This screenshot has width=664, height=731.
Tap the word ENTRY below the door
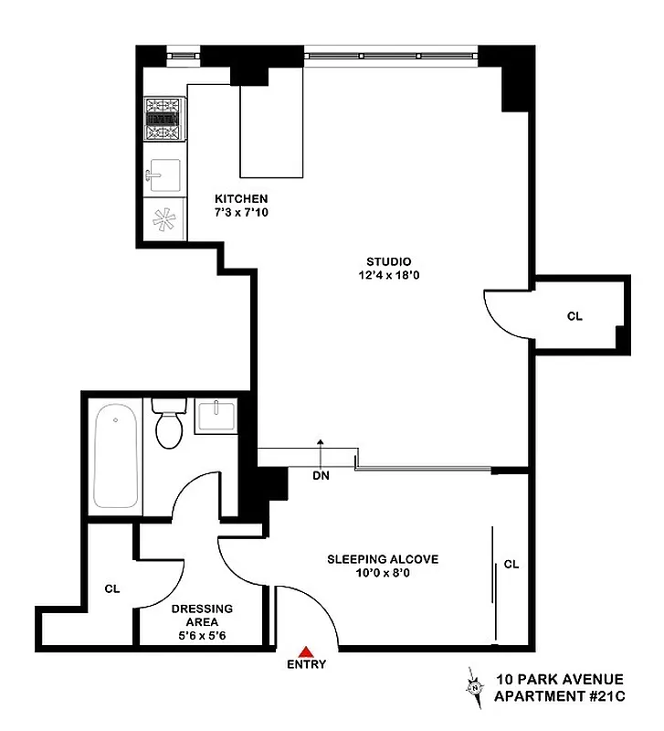(x=307, y=664)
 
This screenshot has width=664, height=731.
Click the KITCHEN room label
(x=241, y=198)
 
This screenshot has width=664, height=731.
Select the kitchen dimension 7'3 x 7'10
(x=241, y=213)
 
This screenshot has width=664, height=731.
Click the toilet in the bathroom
(x=169, y=424)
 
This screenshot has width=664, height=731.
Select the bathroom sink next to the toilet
(x=216, y=416)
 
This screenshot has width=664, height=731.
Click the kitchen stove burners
(x=164, y=119)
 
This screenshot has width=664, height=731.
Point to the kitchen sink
(x=164, y=172)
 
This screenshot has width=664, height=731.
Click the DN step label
(x=321, y=475)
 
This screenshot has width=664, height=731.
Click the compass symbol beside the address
(x=474, y=687)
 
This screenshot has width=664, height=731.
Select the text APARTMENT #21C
(x=558, y=696)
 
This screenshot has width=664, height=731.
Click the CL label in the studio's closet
(x=574, y=316)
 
